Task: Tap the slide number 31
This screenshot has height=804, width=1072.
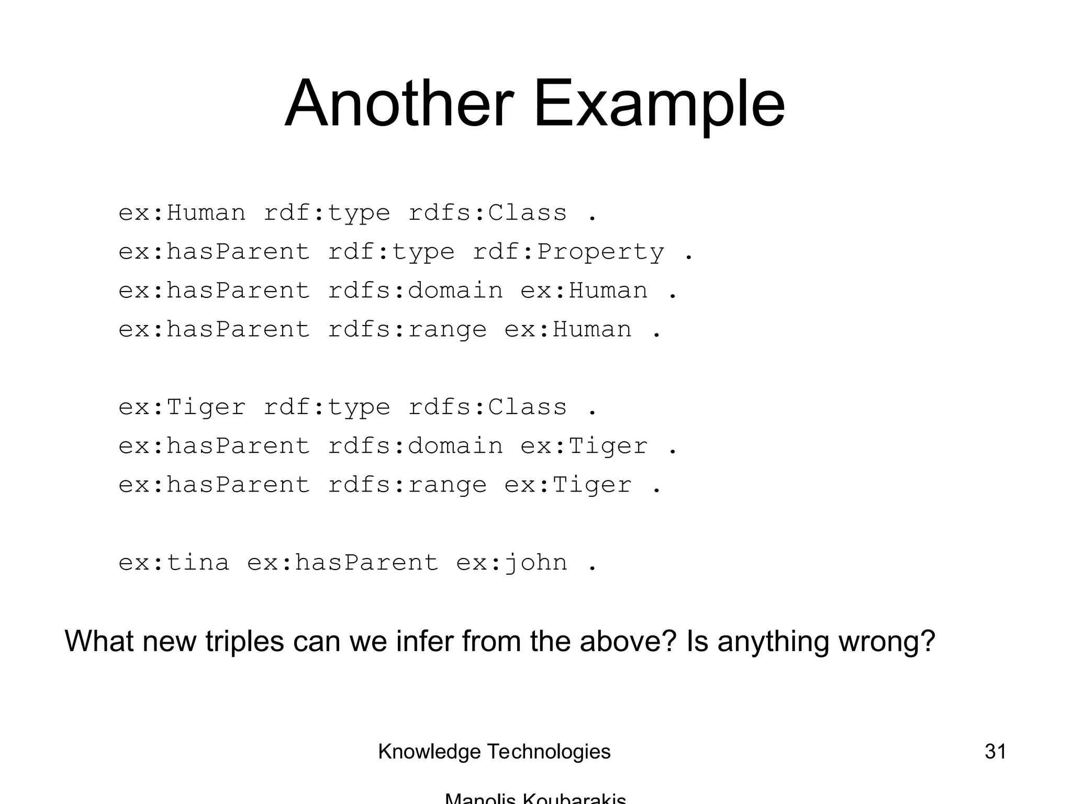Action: click(x=995, y=752)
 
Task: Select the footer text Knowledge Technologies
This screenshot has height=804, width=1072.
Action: click(x=494, y=752)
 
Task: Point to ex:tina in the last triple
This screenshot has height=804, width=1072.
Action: click(x=174, y=563)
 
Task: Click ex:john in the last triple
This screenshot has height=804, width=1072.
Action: click(x=511, y=563)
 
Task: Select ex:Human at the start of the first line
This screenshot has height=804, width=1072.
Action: click(x=182, y=213)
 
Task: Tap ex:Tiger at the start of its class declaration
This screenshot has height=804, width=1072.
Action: click(x=182, y=407)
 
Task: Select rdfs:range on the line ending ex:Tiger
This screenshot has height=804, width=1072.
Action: click(x=407, y=485)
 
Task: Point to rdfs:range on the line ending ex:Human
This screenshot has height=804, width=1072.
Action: click(x=407, y=329)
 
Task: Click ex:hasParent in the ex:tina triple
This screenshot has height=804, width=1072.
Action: click(x=342, y=563)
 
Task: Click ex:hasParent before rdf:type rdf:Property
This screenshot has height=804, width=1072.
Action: click(x=214, y=252)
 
